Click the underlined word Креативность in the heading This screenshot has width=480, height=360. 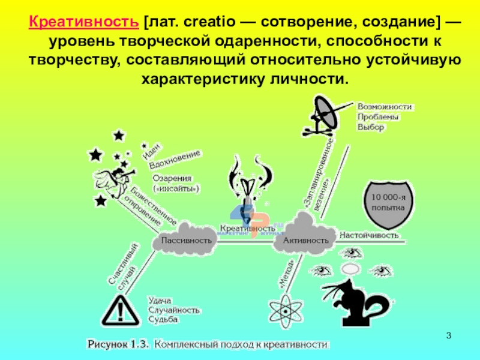pos(84,22)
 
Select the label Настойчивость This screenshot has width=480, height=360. pos(370,235)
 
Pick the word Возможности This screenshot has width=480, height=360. pos(385,107)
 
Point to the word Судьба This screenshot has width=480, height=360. pos(163,320)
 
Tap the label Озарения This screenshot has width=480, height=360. pos(172,178)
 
